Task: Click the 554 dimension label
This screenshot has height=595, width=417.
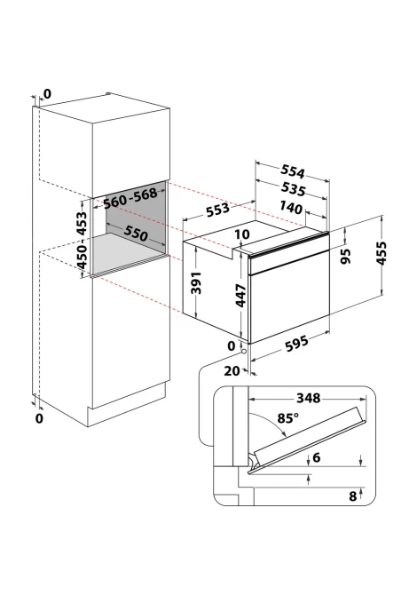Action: click(293, 172)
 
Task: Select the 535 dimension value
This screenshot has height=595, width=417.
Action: click(293, 189)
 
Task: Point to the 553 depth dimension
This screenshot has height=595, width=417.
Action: click(217, 209)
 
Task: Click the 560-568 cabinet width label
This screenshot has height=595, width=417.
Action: click(130, 198)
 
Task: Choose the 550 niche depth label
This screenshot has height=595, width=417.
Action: click(136, 234)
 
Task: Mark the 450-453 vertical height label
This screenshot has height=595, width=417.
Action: click(82, 240)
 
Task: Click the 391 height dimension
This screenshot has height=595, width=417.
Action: click(196, 282)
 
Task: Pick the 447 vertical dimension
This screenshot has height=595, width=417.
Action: click(241, 296)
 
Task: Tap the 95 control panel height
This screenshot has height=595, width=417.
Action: click(346, 256)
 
